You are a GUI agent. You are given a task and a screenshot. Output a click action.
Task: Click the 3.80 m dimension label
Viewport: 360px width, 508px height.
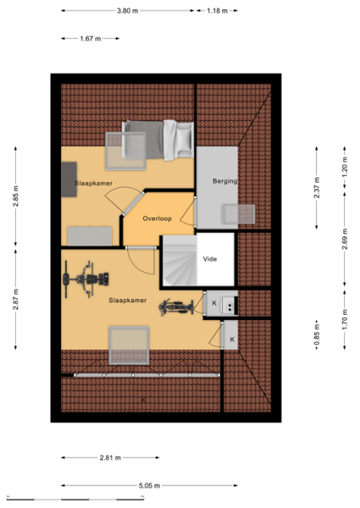(x=127, y=11)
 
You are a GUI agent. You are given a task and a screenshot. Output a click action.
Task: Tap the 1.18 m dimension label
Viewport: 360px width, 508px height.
(x=218, y=11)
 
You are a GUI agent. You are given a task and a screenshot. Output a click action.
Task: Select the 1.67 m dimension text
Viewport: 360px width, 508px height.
(x=91, y=39)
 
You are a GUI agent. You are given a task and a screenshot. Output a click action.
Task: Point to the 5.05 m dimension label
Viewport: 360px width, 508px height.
(x=149, y=486)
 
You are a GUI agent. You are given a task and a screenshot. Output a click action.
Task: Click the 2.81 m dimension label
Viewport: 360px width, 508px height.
(x=110, y=458)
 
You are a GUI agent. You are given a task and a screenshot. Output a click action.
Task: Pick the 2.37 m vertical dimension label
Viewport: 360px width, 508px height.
(x=317, y=188)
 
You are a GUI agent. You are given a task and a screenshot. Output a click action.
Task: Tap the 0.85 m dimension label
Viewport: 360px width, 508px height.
(x=317, y=334)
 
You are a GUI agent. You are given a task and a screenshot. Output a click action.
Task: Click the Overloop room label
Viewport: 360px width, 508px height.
(x=158, y=218)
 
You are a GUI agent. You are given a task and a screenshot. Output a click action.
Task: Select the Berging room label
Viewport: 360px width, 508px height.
(x=224, y=181)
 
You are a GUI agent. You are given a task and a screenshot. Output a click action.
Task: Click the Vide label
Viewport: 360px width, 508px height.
(x=210, y=259)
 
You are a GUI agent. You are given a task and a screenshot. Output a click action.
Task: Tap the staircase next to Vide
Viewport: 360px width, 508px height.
(x=180, y=261)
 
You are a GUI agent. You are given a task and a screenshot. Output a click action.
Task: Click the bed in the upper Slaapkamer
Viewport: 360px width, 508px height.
(x=158, y=140)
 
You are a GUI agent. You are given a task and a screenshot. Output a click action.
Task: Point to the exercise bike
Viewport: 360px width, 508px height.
(x=176, y=306)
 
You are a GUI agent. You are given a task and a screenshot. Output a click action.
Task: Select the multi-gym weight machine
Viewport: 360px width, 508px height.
(x=86, y=279)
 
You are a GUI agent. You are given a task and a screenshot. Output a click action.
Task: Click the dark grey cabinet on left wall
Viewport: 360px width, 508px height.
(x=69, y=179)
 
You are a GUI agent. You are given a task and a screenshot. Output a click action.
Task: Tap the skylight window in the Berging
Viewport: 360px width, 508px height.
(x=238, y=214)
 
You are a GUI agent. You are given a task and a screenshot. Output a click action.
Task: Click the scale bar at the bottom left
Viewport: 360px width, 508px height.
(x=75, y=498)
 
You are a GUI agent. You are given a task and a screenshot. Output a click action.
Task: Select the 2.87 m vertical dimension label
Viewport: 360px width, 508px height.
(x=15, y=300)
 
